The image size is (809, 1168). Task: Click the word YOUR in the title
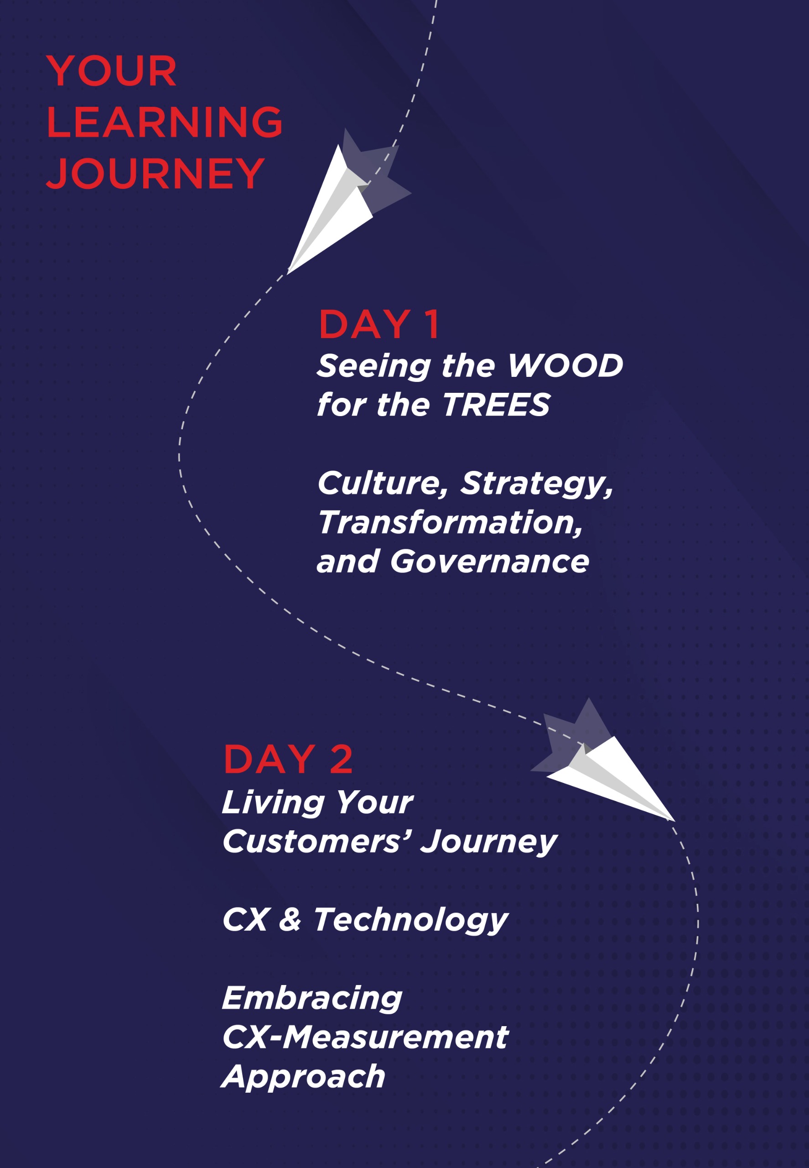(112, 71)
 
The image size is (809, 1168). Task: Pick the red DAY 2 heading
(288, 760)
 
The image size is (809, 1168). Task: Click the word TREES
(496, 405)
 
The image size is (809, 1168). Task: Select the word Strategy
(536, 484)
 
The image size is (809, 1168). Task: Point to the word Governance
(489, 562)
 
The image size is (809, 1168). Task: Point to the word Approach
(304, 1077)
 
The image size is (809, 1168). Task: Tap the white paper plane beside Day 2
(613, 776)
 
